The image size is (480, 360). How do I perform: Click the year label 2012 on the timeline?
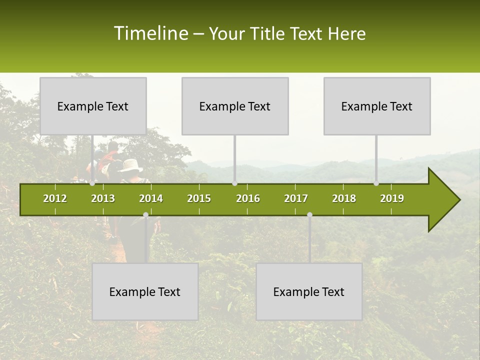(x=55, y=198)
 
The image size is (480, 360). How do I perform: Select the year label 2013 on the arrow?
(x=103, y=198)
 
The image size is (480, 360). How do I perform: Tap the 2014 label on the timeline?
(x=151, y=198)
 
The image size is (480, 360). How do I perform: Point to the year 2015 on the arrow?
(x=199, y=198)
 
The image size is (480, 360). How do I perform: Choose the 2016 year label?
(x=248, y=198)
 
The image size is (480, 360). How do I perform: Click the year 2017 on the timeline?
(x=296, y=198)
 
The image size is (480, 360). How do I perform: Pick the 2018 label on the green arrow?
(x=344, y=198)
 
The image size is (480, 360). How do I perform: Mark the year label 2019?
(x=392, y=198)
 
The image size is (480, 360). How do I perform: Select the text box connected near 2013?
(x=93, y=106)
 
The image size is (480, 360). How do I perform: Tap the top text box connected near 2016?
(x=235, y=106)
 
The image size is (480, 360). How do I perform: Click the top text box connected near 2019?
(x=377, y=106)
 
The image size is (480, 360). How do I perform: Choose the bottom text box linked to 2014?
(x=145, y=291)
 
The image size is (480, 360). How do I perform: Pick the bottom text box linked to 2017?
(x=309, y=291)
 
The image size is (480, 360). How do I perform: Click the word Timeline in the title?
(x=150, y=33)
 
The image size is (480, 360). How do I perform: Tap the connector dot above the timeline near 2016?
(x=234, y=183)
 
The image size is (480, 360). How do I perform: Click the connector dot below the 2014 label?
(x=145, y=214)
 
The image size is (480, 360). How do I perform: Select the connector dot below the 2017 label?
(x=309, y=214)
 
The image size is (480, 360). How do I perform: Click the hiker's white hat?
(x=130, y=165)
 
